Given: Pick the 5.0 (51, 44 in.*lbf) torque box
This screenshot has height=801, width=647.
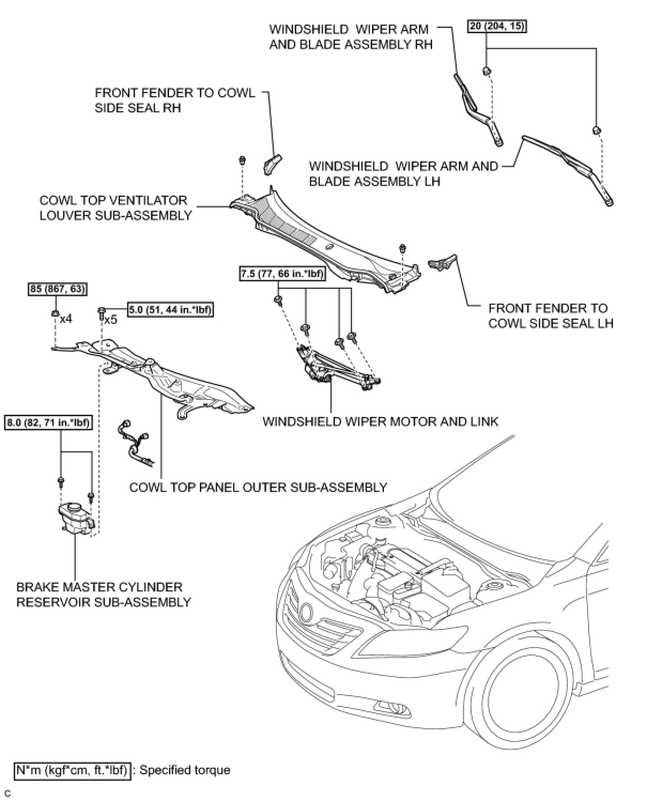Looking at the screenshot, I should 171,310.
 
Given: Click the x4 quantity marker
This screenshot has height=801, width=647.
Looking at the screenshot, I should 66,319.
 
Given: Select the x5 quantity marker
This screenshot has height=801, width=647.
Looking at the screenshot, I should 110,320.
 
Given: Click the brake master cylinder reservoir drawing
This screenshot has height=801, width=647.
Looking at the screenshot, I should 76,516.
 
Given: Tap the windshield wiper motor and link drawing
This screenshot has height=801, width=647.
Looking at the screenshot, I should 337,367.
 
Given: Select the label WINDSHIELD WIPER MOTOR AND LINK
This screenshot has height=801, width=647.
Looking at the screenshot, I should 380,421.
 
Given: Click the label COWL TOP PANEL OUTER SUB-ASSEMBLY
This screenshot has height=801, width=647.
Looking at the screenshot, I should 258,487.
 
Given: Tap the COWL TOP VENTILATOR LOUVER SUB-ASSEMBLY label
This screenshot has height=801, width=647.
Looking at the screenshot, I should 115,208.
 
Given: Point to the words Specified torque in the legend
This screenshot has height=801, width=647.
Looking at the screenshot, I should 184,770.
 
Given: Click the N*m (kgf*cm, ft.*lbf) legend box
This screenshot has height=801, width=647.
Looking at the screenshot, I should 72,771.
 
